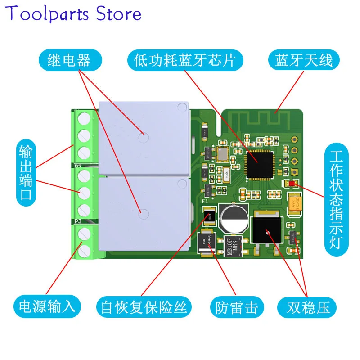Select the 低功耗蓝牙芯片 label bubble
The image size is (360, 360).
click(x=185, y=60)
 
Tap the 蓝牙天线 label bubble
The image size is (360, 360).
click(x=304, y=60)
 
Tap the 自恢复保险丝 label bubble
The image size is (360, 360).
click(x=144, y=307)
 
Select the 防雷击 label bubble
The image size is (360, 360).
click(x=234, y=307)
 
